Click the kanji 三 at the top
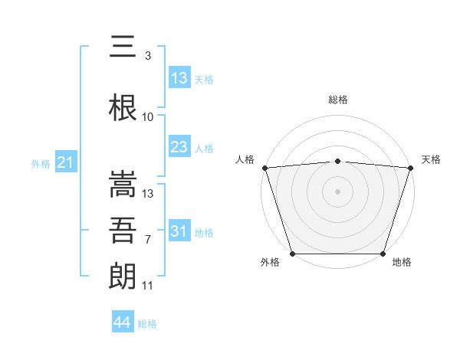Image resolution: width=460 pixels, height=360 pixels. pyautogui.click(x=123, y=47)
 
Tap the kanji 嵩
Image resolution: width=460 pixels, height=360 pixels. pyautogui.click(x=123, y=185)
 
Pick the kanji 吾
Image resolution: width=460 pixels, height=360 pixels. pyautogui.click(x=123, y=230)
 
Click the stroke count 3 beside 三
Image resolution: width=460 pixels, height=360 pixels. pyautogui.click(x=147, y=56)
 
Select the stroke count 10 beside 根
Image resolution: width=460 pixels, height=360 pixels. pyautogui.click(x=148, y=116)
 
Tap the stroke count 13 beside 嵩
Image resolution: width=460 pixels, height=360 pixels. pyautogui.click(x=148, y=194)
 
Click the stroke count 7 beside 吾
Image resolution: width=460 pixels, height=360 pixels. pyautogui.click(x=147, y=240)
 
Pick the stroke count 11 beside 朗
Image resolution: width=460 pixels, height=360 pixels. pyautogui.click(x=148, y=286)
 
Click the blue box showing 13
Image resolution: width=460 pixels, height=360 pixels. pyautogui.click(x=179, y=78)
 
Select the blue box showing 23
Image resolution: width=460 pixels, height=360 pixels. pyautogui.click(x=179, y=147)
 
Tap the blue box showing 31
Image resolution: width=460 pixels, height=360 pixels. pyautogui.click(x=179, y=231)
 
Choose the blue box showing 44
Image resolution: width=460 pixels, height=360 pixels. pyautogui.click(x=122, y=322)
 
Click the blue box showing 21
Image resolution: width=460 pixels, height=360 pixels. pyautogui.click(x=65, y=162)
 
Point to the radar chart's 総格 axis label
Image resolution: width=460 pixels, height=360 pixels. pyautogui.click(x=337, y=100)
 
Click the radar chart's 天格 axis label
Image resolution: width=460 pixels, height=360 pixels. pyautogui.click(x=431, y=159)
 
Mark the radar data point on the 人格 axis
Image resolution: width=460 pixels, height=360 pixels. pyautogui.click(x=264, y=168)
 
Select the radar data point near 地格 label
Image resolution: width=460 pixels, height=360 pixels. pyautogui.click(x=383, y=254)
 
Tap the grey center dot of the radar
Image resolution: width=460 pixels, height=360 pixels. pyautogui.click(x=337, y=191)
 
